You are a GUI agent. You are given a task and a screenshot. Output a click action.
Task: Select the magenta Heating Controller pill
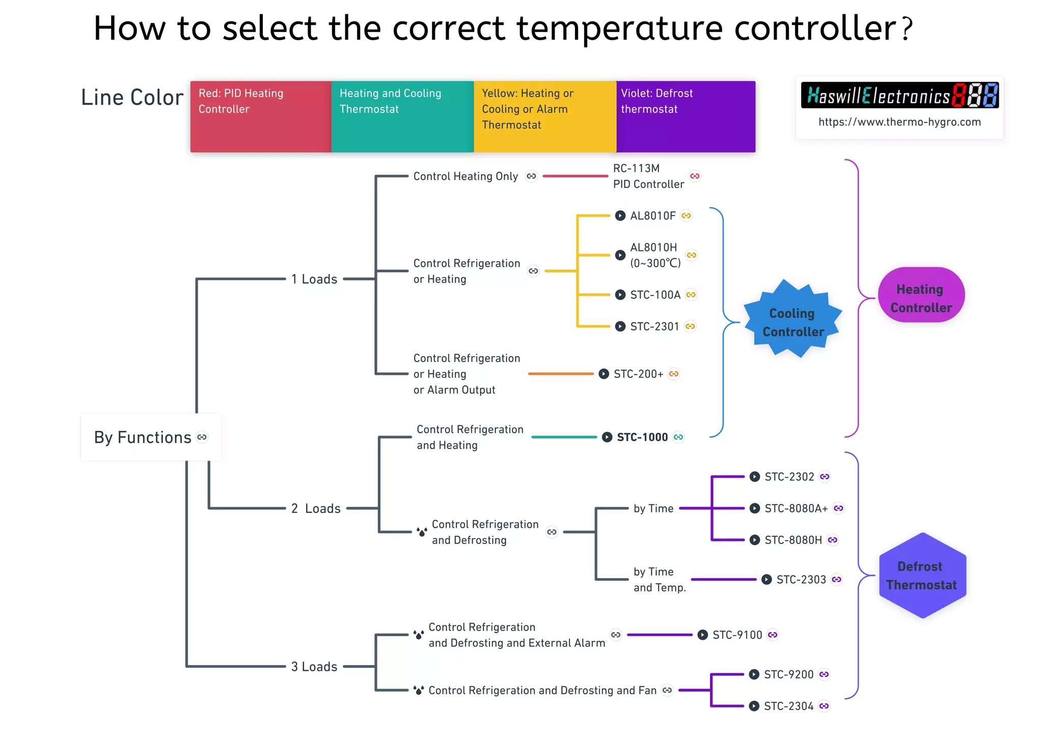click(x=921, y=295)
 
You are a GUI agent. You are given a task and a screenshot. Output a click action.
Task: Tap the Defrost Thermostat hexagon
click(x=922, y=576)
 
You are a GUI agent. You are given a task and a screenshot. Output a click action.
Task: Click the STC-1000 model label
click(x=642, y=437)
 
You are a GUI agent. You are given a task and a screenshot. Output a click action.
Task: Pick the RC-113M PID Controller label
click(x=648, y=176)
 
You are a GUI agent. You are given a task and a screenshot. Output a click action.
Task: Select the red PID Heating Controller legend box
click(x=261, y=116)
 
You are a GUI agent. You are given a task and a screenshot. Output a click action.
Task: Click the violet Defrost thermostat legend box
click(x=685, y=116)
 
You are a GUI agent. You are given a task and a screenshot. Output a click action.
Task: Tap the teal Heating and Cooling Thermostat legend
click(x=402, y=116)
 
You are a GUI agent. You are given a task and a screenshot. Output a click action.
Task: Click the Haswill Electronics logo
click(x=899, y=95)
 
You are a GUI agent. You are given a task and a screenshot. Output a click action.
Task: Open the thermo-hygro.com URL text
click(x=899, y=122)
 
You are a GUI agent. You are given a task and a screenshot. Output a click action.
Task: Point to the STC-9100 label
click(x=737, y=635)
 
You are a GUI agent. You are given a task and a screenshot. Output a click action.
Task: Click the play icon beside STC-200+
click(x=603, y=374)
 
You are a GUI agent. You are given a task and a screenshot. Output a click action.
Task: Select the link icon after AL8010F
click(x=687, y=216)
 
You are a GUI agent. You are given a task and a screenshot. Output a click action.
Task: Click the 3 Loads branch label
click(x=314, y=666)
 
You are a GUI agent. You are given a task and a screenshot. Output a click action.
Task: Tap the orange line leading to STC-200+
click(x=560, y=374)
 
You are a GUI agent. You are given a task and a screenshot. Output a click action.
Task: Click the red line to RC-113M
click(x=575, y=176)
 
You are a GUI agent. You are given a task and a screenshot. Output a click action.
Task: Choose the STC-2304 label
click(x=788, y=706)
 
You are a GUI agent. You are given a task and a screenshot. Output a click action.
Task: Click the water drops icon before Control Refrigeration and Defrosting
click(x=422, y=532)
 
